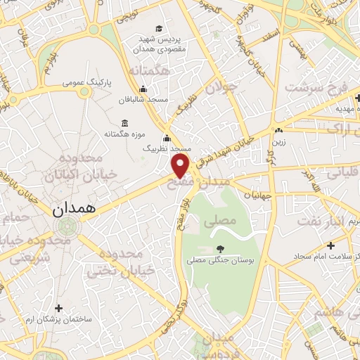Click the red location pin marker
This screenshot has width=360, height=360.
click(181, 165)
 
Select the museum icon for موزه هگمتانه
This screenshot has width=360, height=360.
click(124, 124)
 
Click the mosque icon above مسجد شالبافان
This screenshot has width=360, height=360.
click(143, 89)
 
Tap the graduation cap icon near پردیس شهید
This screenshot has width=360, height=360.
click(159, 29)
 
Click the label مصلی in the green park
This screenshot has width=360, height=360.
click(219, 220)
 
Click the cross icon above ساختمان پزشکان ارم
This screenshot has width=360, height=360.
click(58, 308)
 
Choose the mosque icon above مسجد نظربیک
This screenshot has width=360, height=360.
click(167, 138)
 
